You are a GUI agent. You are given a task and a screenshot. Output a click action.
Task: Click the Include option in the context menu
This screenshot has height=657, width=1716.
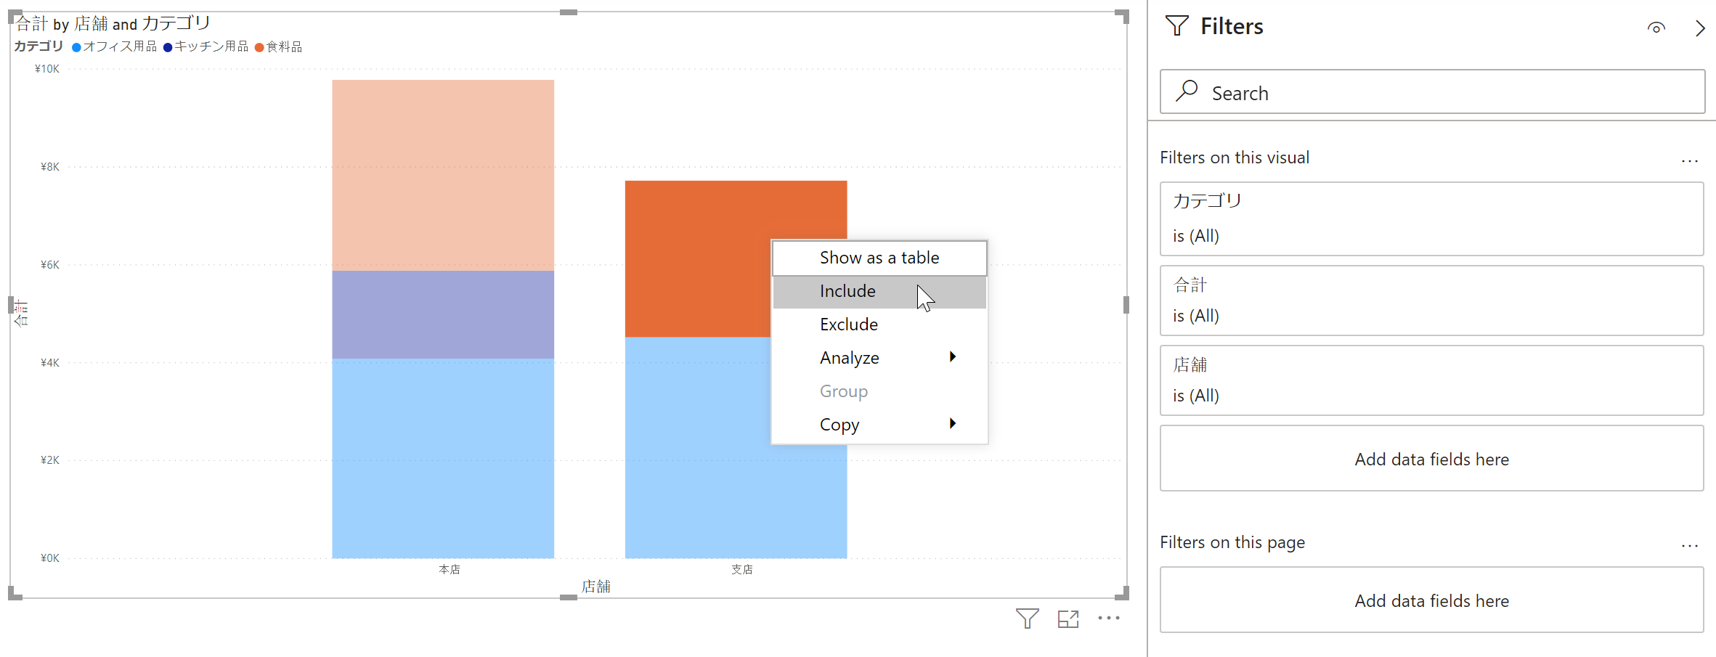click(847, 291)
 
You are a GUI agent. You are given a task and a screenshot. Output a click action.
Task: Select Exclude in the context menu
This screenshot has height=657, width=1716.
click(849, 325)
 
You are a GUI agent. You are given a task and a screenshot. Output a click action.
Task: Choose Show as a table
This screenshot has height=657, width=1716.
click(879, 258)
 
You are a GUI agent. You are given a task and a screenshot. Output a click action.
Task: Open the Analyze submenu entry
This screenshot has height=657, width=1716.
click(850, 358)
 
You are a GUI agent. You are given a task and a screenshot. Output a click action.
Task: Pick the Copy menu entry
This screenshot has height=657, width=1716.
click(839, 425)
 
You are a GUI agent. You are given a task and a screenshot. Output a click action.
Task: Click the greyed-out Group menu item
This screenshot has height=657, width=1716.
click(844, 391)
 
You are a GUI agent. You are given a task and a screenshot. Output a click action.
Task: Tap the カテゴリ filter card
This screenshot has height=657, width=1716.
click(1431, 219)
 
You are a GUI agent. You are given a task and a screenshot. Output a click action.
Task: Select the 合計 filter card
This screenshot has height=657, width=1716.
click(1431, 300)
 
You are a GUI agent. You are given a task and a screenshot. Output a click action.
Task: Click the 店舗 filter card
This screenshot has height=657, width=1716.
click(1431, 380)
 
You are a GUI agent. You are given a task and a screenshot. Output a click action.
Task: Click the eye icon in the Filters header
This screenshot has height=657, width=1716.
click(1656, 28)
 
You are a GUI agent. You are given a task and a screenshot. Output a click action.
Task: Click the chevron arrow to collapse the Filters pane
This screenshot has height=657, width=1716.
click(1699, 28)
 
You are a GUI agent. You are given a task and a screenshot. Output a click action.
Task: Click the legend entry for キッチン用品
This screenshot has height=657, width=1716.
click(206, 46)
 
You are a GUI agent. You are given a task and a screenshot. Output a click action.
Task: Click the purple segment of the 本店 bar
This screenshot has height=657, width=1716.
click(443, 314)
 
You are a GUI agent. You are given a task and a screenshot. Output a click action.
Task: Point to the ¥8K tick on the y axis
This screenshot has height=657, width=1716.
click(49, 167)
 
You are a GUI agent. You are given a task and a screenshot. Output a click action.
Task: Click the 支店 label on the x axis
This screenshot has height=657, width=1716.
click(741, 569)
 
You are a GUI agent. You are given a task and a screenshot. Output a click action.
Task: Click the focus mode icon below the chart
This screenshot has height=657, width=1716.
click(1068, 619)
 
